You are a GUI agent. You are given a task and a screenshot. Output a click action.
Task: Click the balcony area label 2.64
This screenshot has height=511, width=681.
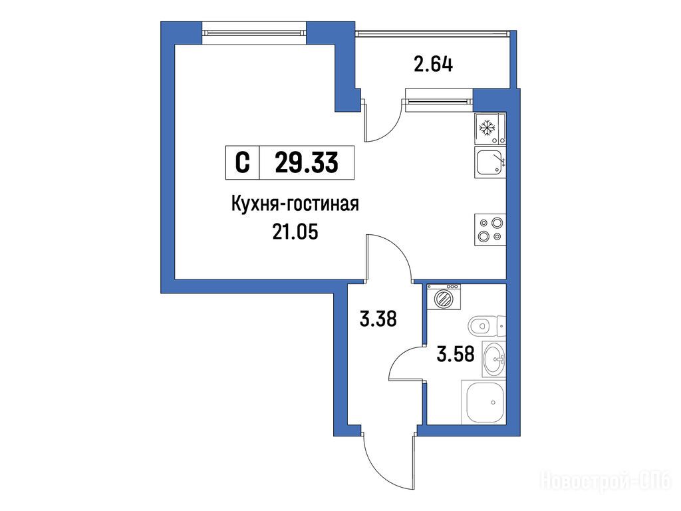433,65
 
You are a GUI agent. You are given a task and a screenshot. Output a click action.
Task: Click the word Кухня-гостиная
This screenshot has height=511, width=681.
295,204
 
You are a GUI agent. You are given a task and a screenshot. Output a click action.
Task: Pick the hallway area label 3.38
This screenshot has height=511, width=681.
378,319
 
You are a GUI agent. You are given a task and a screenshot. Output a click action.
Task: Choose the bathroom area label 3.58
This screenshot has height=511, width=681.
455,354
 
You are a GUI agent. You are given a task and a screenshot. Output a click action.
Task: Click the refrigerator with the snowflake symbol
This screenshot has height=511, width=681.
490,128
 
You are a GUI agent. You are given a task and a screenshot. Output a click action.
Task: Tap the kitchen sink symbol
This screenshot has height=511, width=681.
490,162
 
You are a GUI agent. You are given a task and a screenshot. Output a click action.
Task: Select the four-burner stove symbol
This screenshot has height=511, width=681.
490,230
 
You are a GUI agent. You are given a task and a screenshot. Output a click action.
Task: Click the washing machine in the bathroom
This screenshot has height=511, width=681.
444,297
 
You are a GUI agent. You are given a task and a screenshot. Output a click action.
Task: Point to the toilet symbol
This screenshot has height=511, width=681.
487,326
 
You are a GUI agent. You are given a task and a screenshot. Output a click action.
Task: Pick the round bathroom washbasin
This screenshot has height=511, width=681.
495,359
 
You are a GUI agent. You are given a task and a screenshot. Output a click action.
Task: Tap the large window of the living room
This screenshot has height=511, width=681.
255,33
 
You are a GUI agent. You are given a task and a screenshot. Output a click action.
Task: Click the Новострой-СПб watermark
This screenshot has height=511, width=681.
606,482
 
